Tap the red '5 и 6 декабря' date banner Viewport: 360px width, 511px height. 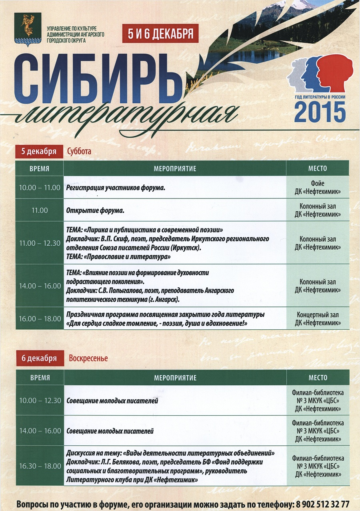[x=160, y=34]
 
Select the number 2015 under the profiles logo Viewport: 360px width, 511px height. [x=320, y=112]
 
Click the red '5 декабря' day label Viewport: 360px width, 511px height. [x=39, y=151]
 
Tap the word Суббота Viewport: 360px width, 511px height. [x=79, y=151]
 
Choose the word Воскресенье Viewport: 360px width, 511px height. [x=88, y=358]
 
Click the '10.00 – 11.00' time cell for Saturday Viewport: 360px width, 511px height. [x=40, y=187]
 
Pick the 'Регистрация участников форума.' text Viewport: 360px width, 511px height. [x=116, y=187]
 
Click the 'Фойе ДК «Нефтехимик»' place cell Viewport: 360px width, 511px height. [x=318, y=187]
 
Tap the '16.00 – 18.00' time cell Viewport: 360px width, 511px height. [x=40, y=319]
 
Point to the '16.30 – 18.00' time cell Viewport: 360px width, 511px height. [x=40, y=466]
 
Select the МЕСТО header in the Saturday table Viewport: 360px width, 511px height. [x=318, y=168]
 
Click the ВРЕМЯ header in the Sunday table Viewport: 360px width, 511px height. [x=40, y=378]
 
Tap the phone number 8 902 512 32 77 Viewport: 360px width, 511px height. [x=322, y=503]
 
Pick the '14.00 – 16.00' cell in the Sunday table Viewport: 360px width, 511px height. [x=40, y=431]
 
